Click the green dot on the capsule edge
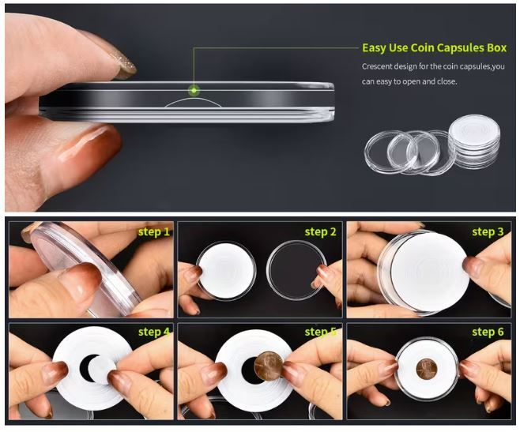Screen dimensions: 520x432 pos(194,90)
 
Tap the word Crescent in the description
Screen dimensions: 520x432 pos(375,66)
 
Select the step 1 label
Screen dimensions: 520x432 pos(154,231)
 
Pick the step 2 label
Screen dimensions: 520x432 pos(320,232)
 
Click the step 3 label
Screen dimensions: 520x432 pos(488,232)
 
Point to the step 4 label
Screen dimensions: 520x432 pos(154,332)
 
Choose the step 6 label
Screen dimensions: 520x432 pos(488,332)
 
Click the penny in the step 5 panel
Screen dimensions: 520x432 pos(269,366)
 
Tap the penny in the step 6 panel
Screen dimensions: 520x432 pos(427,369)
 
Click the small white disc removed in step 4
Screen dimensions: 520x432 pos(103,370)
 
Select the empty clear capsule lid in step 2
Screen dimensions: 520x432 pos(297,270)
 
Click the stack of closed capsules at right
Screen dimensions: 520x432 pos(475,142)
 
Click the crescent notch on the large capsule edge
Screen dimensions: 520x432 pos(193,103)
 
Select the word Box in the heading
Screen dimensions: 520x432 pos(496,48)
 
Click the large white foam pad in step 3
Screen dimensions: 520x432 pos(430,272)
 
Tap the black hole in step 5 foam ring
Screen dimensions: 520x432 pos(250,370)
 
